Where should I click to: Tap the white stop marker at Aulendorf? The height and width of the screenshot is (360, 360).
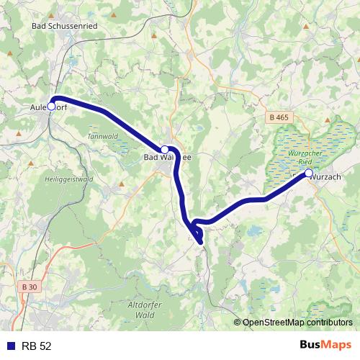[x=51, y=106]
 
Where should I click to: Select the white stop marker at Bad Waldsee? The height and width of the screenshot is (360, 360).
[x=164, y=149]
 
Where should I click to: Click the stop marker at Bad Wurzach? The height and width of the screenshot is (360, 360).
[x=308, y=174]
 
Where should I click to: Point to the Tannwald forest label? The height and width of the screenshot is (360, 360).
[x=101, y=136]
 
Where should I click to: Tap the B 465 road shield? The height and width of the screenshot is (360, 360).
[x=278, y=117]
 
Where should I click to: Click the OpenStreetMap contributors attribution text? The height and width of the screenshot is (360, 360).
[x=297, y=323]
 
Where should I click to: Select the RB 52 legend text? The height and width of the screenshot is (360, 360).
[x=37, y=346]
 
